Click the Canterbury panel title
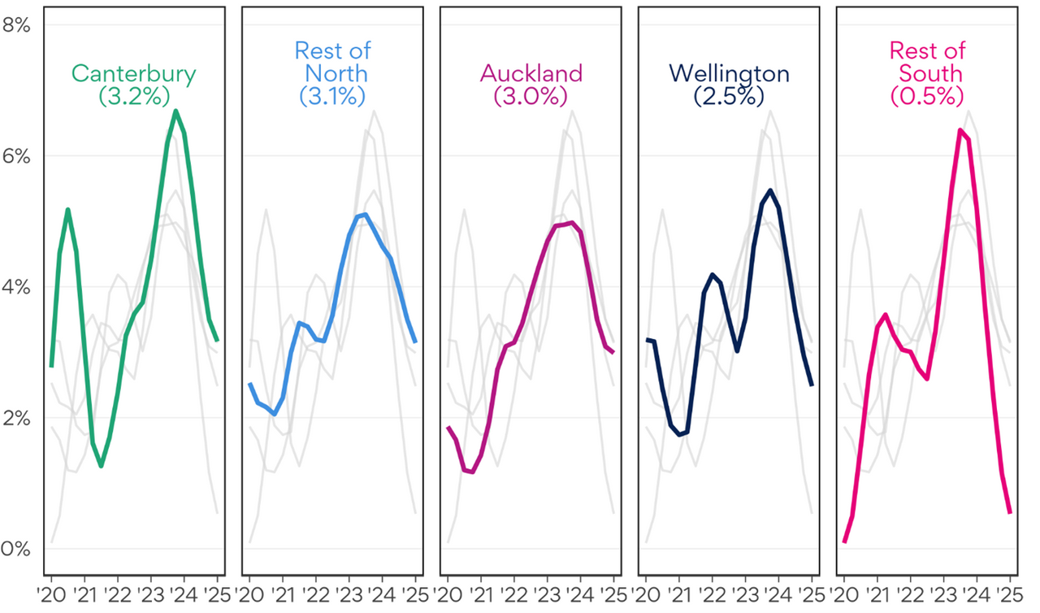pos(134,73)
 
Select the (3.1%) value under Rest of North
pos(332,95)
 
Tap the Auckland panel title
pos(531,73)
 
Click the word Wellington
pos(729,73)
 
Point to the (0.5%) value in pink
pos(927,95)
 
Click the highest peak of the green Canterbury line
pos(175,111)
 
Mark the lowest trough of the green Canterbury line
pos(102,466)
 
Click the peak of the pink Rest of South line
pos(960,130)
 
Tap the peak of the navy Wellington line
pos(769,190)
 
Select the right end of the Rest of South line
pos(1009,512)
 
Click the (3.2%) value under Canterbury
pos(134,95)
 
